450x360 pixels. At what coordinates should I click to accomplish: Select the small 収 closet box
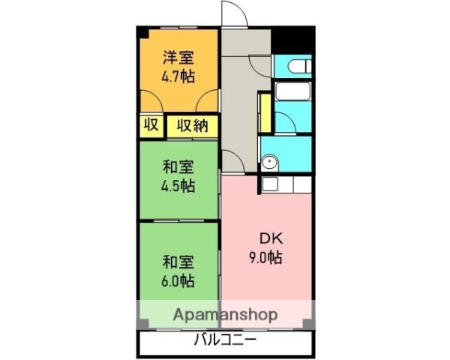tap(150, 125)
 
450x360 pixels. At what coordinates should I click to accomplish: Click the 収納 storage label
tap(192, 125)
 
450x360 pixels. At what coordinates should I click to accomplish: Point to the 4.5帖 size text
tap(178, 185)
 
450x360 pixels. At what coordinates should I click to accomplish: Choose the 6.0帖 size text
tap(178, 281)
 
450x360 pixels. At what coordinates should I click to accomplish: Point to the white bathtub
tap(293, 92)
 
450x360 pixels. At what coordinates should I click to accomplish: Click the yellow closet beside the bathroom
tap(264, 112)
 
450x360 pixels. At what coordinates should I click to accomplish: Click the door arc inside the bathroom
tap(283, 120)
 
